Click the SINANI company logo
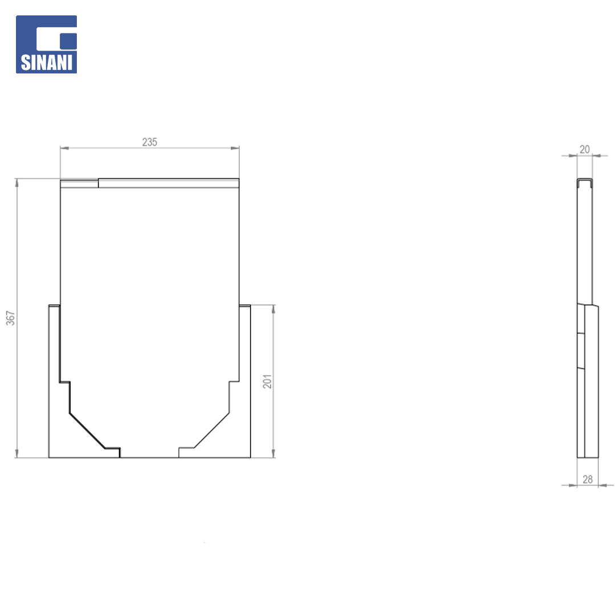46,44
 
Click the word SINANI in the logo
46,63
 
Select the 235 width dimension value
149,142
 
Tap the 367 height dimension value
11,318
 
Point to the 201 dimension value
268,381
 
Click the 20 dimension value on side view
584,149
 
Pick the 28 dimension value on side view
588,479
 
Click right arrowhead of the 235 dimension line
235,148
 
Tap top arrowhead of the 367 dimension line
17,183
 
